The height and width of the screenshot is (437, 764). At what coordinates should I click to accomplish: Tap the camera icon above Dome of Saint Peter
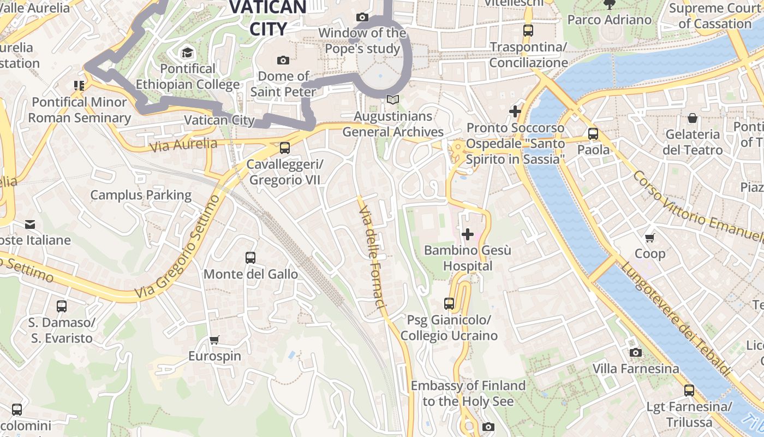pyautogui.click(x=283, y=60)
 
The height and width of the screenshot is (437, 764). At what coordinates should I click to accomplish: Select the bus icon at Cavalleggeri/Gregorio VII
pyautogui.click(x=284, y=148)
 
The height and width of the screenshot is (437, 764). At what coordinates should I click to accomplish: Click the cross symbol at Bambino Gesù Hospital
pyautogui.click(x=468, y=234)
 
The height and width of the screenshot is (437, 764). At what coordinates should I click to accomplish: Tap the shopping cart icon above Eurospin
pyautogui.click(x=214, y=340)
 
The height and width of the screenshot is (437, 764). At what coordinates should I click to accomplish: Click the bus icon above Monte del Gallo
pyautogui.click(x=250, y=258)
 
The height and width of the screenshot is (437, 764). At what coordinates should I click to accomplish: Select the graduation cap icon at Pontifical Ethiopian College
pyautogui.click(x=188, y=53)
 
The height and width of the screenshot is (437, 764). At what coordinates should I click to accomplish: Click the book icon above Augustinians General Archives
pyautogui.click(x=393, y=100)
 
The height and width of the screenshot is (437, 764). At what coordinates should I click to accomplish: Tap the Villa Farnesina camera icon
pyautogui.click(x=636, y=353)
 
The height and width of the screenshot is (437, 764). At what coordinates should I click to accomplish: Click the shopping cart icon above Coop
pyautogui.click(x=650, y=238)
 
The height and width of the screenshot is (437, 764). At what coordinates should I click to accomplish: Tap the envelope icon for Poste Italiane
pyautogui.click(x=30, y=225)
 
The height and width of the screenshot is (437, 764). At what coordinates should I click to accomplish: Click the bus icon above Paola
pyautogui.click(x=593, y=133)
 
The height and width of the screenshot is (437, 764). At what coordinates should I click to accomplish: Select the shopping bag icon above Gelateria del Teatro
pyautogui.click(x=693, y=118)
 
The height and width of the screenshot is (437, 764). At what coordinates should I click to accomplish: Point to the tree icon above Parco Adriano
pyautogui.click(x=610, y=5)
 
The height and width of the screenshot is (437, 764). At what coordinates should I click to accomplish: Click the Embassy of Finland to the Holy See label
pyautogui.click(x=468, y=393)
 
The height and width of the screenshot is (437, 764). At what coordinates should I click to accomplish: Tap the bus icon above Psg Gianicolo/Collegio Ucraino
pyautogui.click(x=449, y=304)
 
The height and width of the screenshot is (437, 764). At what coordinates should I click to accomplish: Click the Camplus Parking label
pyautogui.click(x=141, y=195)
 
